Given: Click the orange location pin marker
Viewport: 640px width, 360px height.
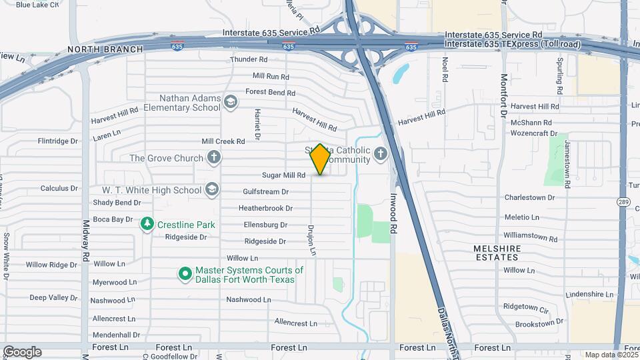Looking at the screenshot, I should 320,159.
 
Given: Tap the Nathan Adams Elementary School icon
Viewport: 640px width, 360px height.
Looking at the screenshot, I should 231,102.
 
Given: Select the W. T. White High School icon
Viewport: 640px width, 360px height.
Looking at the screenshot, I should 212,190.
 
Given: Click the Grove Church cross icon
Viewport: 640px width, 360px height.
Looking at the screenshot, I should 213,158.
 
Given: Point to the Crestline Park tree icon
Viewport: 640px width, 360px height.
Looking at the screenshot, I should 147,225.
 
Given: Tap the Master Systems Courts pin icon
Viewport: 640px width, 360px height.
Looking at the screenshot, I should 185,274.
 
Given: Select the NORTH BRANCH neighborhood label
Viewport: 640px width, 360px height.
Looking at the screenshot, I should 105,49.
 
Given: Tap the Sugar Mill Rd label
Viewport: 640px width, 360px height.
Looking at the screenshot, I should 283,175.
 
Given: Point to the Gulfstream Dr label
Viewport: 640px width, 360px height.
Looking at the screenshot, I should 265,191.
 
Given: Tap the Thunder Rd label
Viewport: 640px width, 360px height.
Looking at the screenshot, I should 249,60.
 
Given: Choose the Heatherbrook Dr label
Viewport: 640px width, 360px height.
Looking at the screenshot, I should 266,208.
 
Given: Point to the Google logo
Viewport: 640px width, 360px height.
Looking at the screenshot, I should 22,352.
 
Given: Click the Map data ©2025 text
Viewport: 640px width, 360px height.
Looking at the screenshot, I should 610,355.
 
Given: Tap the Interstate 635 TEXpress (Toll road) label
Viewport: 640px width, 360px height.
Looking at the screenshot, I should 512,44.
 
